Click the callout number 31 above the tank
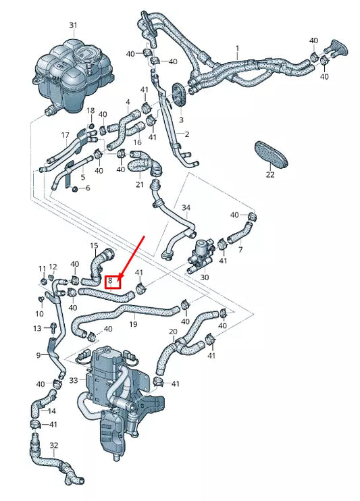click(73, 25)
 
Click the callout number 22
click(270, 175)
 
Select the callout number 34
click(186, 208)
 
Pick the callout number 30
click(205, 277)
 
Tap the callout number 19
click(133, 325)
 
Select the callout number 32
click(54, 445)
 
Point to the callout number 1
click(237, 48)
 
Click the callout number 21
click(140, 184)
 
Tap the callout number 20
click(173, 332)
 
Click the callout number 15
click(94, 245)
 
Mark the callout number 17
click(66, 135)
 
